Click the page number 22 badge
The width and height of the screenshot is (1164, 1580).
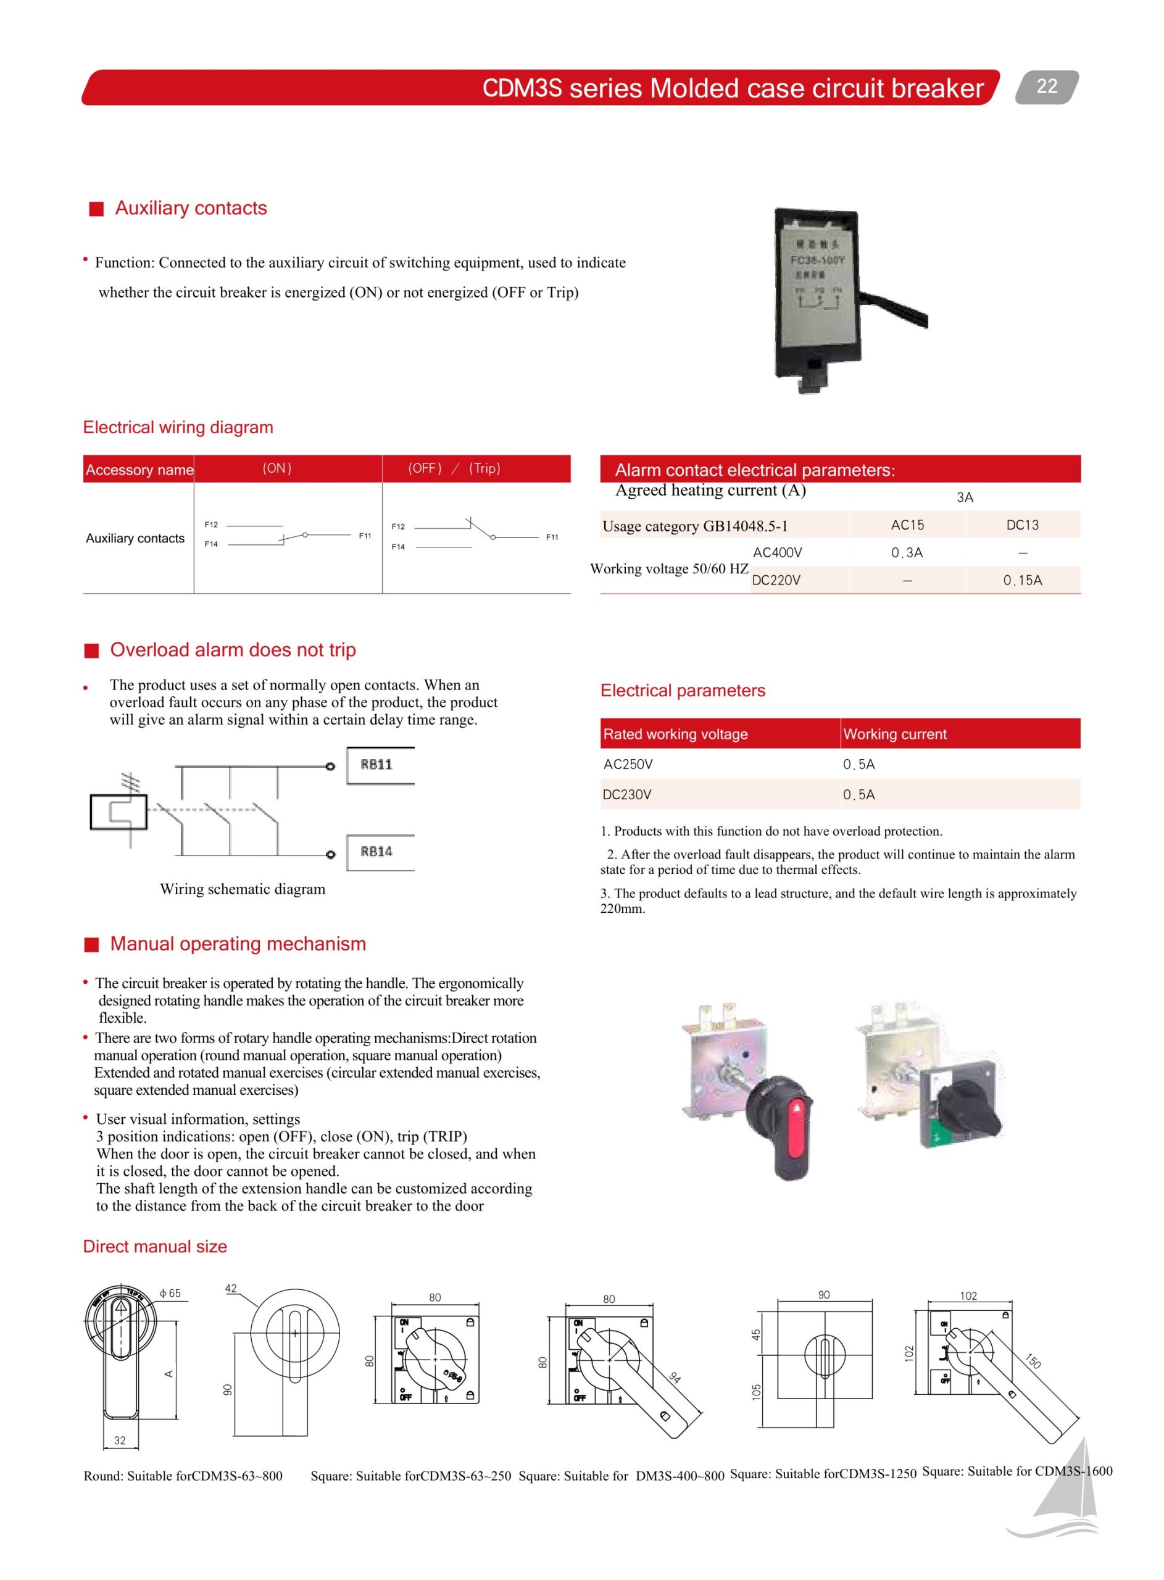(1046, 86)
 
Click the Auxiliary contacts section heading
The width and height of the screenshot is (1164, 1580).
(190, 208)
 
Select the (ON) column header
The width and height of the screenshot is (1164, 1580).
(277, 468)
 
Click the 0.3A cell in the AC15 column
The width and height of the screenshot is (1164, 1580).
(907, 553)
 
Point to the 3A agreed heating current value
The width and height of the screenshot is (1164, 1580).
(965, 497)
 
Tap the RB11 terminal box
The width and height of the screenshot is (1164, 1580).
(379, 765)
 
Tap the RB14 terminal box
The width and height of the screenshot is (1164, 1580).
(379, 852)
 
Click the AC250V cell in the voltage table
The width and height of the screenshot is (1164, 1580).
(628, 764)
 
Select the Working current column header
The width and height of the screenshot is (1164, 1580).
(895, 734)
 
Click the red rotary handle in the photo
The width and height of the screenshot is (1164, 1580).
(794, 1127)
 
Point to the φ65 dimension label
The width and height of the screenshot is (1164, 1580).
(170, 1293)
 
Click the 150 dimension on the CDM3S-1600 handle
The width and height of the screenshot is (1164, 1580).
(1033, 1361)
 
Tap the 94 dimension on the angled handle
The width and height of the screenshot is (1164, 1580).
(675, 1378)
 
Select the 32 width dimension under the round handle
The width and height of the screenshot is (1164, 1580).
(120, 1441)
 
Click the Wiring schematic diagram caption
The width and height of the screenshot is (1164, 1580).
(243, 889)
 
